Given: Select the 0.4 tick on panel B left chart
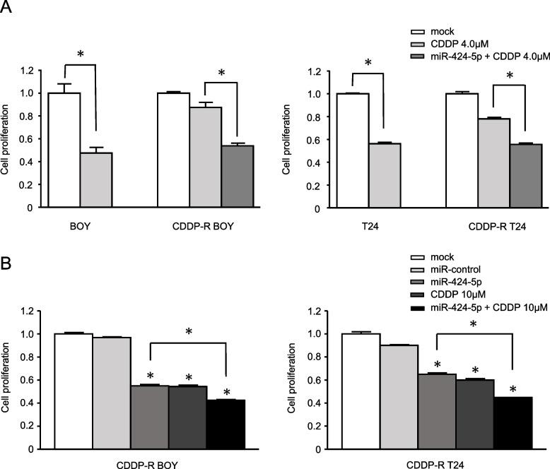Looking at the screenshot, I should coord(27,403).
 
